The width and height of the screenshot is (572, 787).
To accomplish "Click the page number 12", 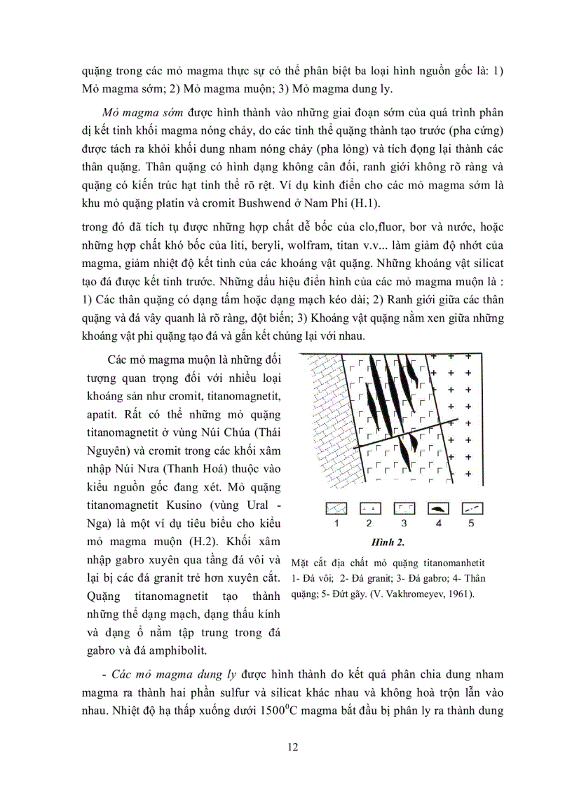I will (293, 746).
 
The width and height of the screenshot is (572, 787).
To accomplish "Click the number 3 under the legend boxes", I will (403, 523).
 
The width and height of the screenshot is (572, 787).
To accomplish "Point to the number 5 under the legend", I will (471, 523).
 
